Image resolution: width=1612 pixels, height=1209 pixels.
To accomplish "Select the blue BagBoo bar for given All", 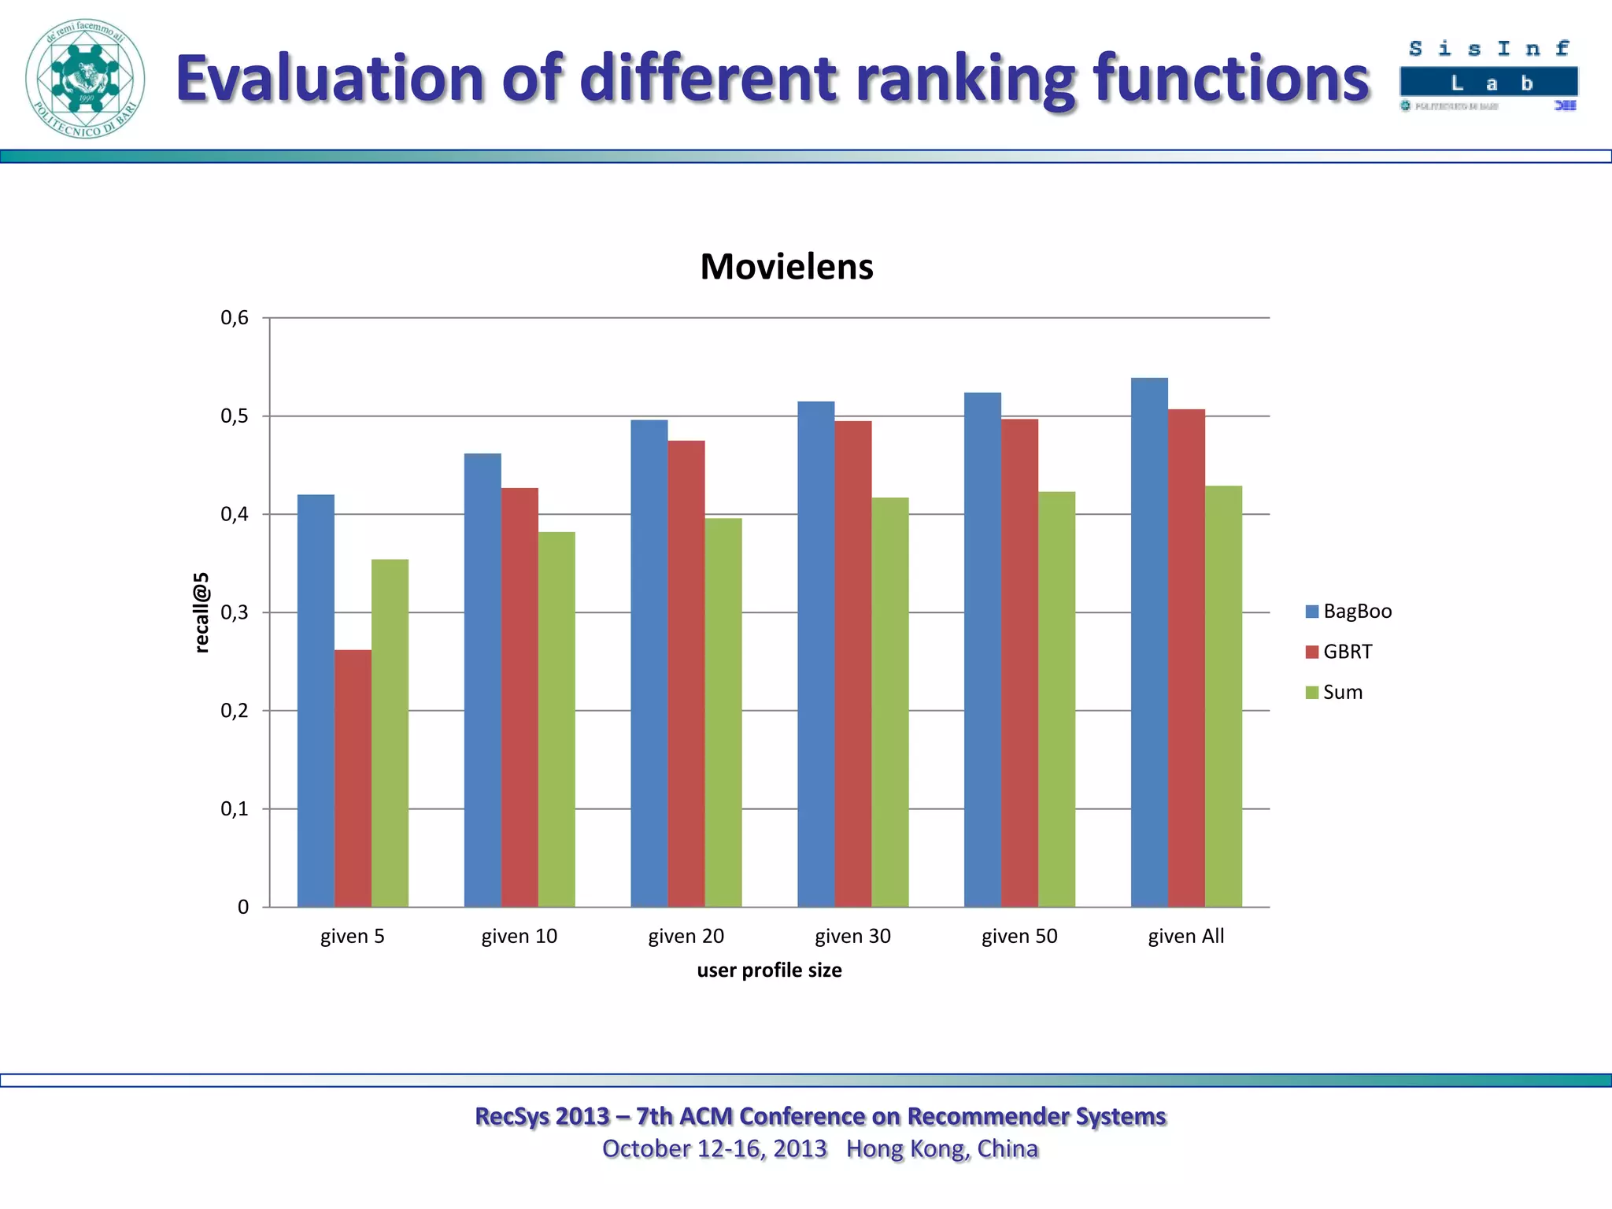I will [x=1149, y=641].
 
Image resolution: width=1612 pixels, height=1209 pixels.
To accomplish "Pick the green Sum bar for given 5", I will [x=390, y=732].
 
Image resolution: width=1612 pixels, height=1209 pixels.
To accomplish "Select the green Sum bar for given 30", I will [x=889, y=701].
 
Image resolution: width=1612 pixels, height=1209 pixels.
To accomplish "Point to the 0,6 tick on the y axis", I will [x=235, y=318].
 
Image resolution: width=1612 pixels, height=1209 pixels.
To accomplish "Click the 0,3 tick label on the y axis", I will [x=235, y=612].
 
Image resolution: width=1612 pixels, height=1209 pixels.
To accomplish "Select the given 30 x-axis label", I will [x=852, y=936].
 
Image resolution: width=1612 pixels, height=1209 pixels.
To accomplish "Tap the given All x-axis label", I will [x=1185, y=936].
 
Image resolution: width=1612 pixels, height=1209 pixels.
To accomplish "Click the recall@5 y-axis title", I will [x=202, y=612].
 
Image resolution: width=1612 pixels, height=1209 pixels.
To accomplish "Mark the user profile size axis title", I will [x=769, y=971].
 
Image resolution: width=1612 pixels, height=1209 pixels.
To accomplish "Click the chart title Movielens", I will [x=786, y=267].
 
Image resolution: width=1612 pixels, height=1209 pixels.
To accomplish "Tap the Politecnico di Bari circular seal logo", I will [x=85, y=79].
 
